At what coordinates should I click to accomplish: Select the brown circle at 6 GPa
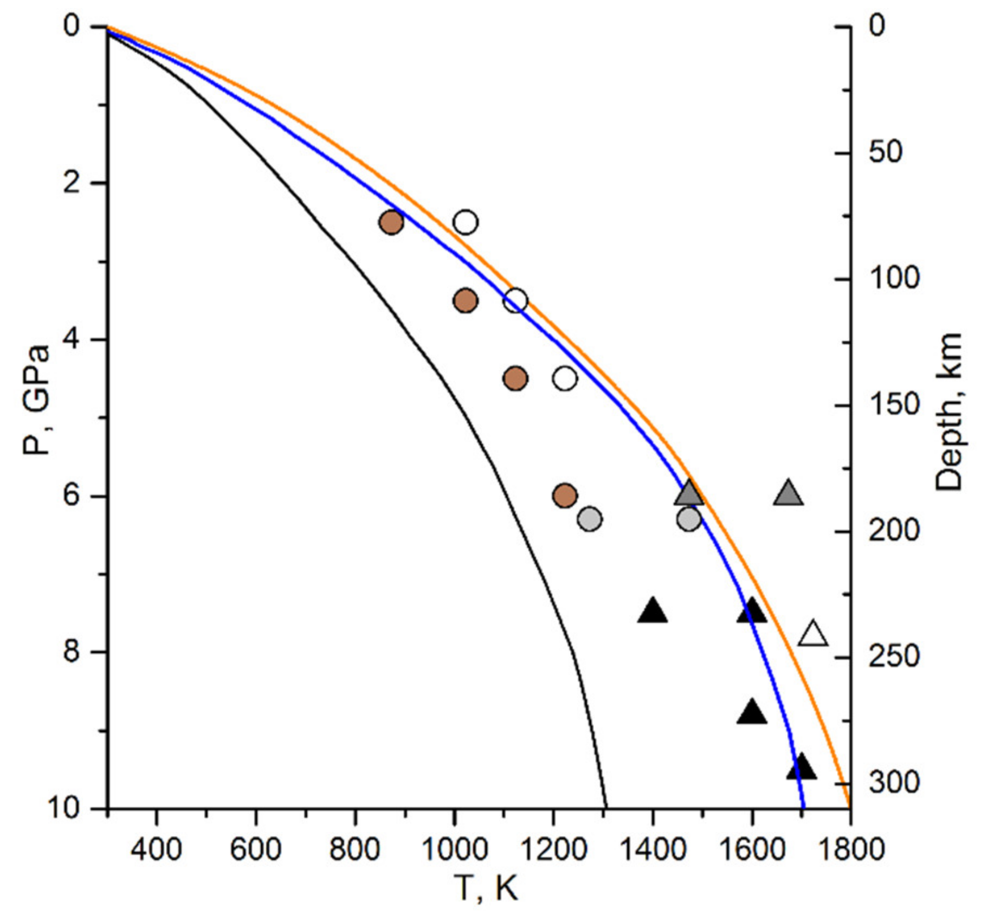point(565,495)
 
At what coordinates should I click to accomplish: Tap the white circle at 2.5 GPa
point(466,222)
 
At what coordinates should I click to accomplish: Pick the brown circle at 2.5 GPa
point(391,222)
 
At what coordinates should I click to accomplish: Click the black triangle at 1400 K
point(652,611)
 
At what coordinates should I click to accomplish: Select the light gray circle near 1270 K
point(590,519)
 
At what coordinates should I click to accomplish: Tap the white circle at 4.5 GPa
point(565,378)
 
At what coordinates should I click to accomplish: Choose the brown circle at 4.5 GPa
point(515,378)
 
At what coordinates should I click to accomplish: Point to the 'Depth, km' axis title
point(948,412)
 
